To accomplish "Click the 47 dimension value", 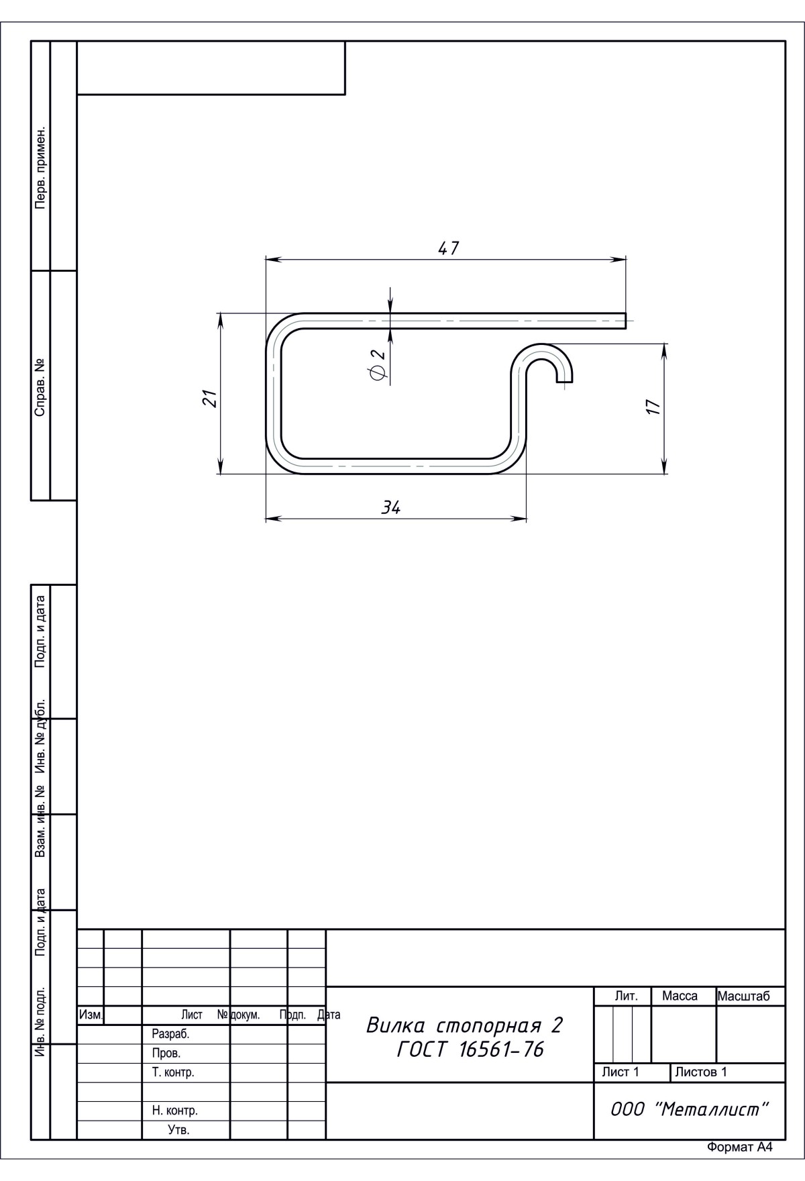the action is (x=448, y=248).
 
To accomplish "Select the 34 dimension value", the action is (x=390, y=508).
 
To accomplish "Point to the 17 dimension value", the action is (x=653, y=407).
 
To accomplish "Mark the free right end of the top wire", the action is (x=625, y=321).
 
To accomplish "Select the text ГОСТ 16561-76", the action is (x=470, y=1049).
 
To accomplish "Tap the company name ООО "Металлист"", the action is (x=689, y=1109).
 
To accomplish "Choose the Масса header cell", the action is (x=680, y=996).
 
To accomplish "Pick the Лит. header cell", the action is (x=626, y=996).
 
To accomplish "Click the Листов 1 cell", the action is (x=701, y=1072).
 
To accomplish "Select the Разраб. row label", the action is (x=170, y=1034).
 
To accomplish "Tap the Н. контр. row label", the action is (x=174, y=1111).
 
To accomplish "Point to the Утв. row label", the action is (x=178, y=1130).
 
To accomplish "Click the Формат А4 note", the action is (x=739, y=1147).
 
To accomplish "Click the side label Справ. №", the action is (x=41, y=387).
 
